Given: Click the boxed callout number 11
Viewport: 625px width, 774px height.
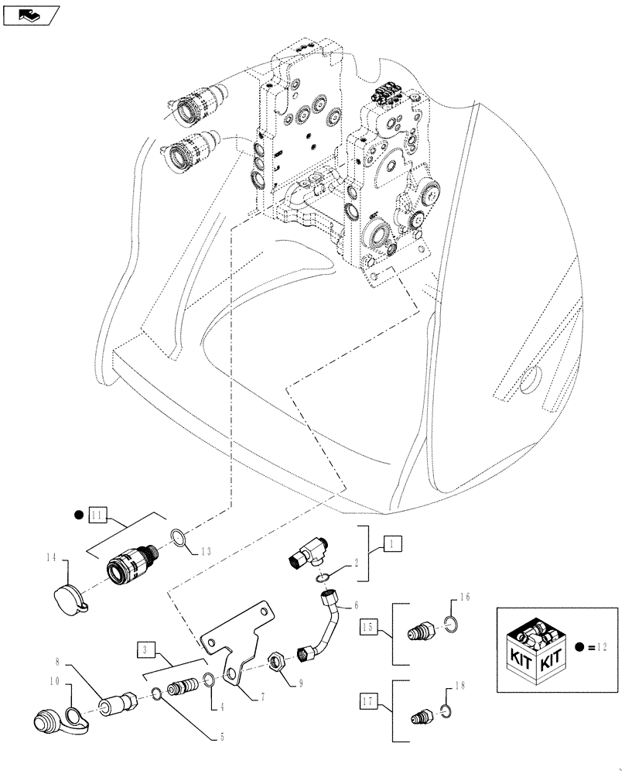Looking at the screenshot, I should pyautogui.click(x=96, y=514).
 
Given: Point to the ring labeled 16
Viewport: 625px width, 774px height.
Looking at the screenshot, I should pyautogui.click(x=454, y=624).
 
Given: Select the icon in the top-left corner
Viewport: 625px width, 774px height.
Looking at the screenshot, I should pyautogui.click(x=32, y=15).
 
